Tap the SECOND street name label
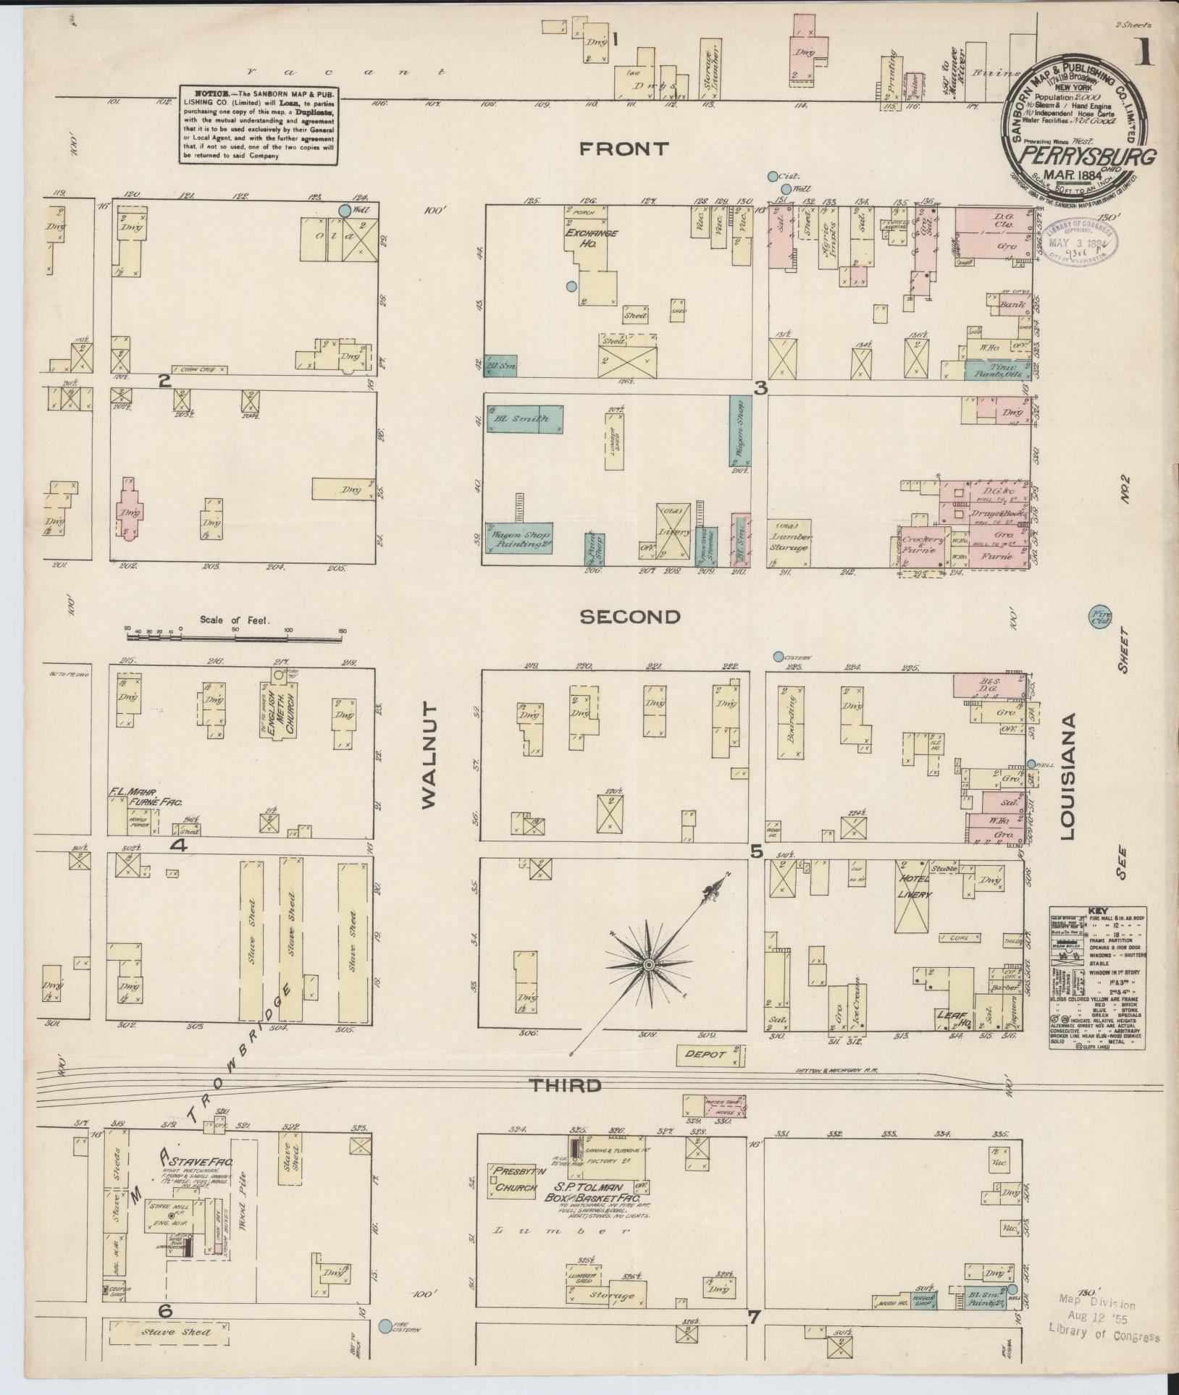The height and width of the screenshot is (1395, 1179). [x=630, y=617]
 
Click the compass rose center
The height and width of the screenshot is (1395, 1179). [x=650, y=965]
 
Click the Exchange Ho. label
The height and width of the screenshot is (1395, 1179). [x=592, y=239]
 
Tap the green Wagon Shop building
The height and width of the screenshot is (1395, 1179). [x=740, y=431]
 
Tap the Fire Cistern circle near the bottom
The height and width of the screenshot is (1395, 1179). [x=385, y=1326]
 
